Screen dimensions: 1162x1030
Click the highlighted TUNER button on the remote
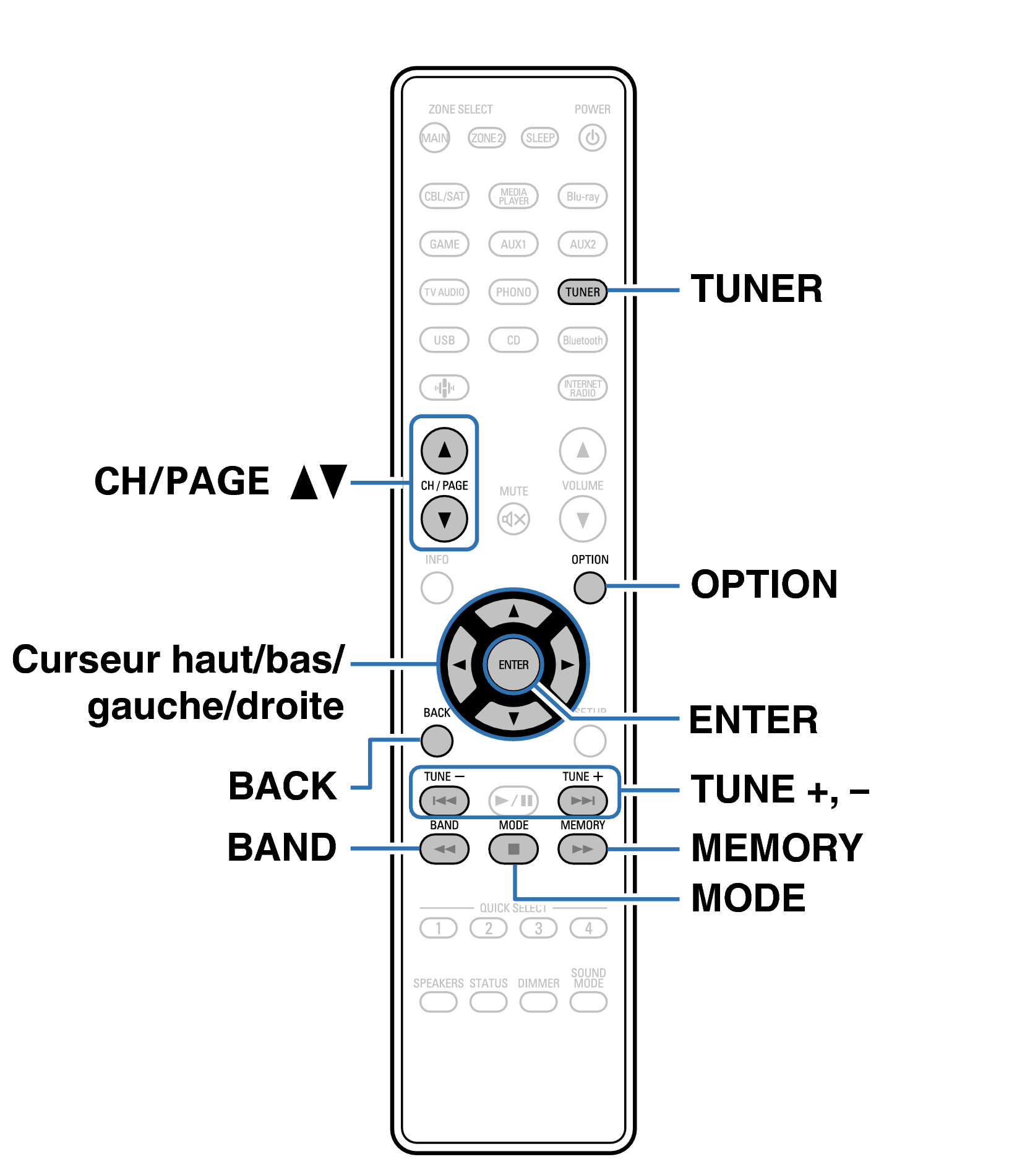tap(582, 291)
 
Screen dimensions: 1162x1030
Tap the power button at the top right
tap(592, 137)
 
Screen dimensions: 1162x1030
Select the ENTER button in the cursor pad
tap(513, 665)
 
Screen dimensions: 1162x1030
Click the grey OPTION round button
tap(589, 587)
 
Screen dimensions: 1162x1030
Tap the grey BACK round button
tap(436, 741)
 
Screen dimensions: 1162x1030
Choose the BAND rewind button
tap(444, 849)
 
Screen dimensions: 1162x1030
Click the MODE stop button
tap(513, 849)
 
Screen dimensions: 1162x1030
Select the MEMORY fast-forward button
tap(582, 849)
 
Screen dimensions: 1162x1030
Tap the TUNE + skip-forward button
tap(582, 801)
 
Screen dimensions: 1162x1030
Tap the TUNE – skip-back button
tap(444, 801)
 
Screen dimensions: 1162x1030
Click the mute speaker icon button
tap(513, 519)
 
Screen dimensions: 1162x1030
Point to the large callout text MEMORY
tap(776, 848)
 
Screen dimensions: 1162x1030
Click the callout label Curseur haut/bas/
tap(178, 660)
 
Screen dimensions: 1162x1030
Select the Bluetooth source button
tap(582, 340)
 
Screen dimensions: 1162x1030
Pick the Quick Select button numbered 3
tap(538, 928)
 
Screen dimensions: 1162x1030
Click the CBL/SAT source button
tap(444, 196)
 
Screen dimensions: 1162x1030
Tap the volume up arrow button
tap(582, 450)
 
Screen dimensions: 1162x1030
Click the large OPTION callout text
tap(764, 584)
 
